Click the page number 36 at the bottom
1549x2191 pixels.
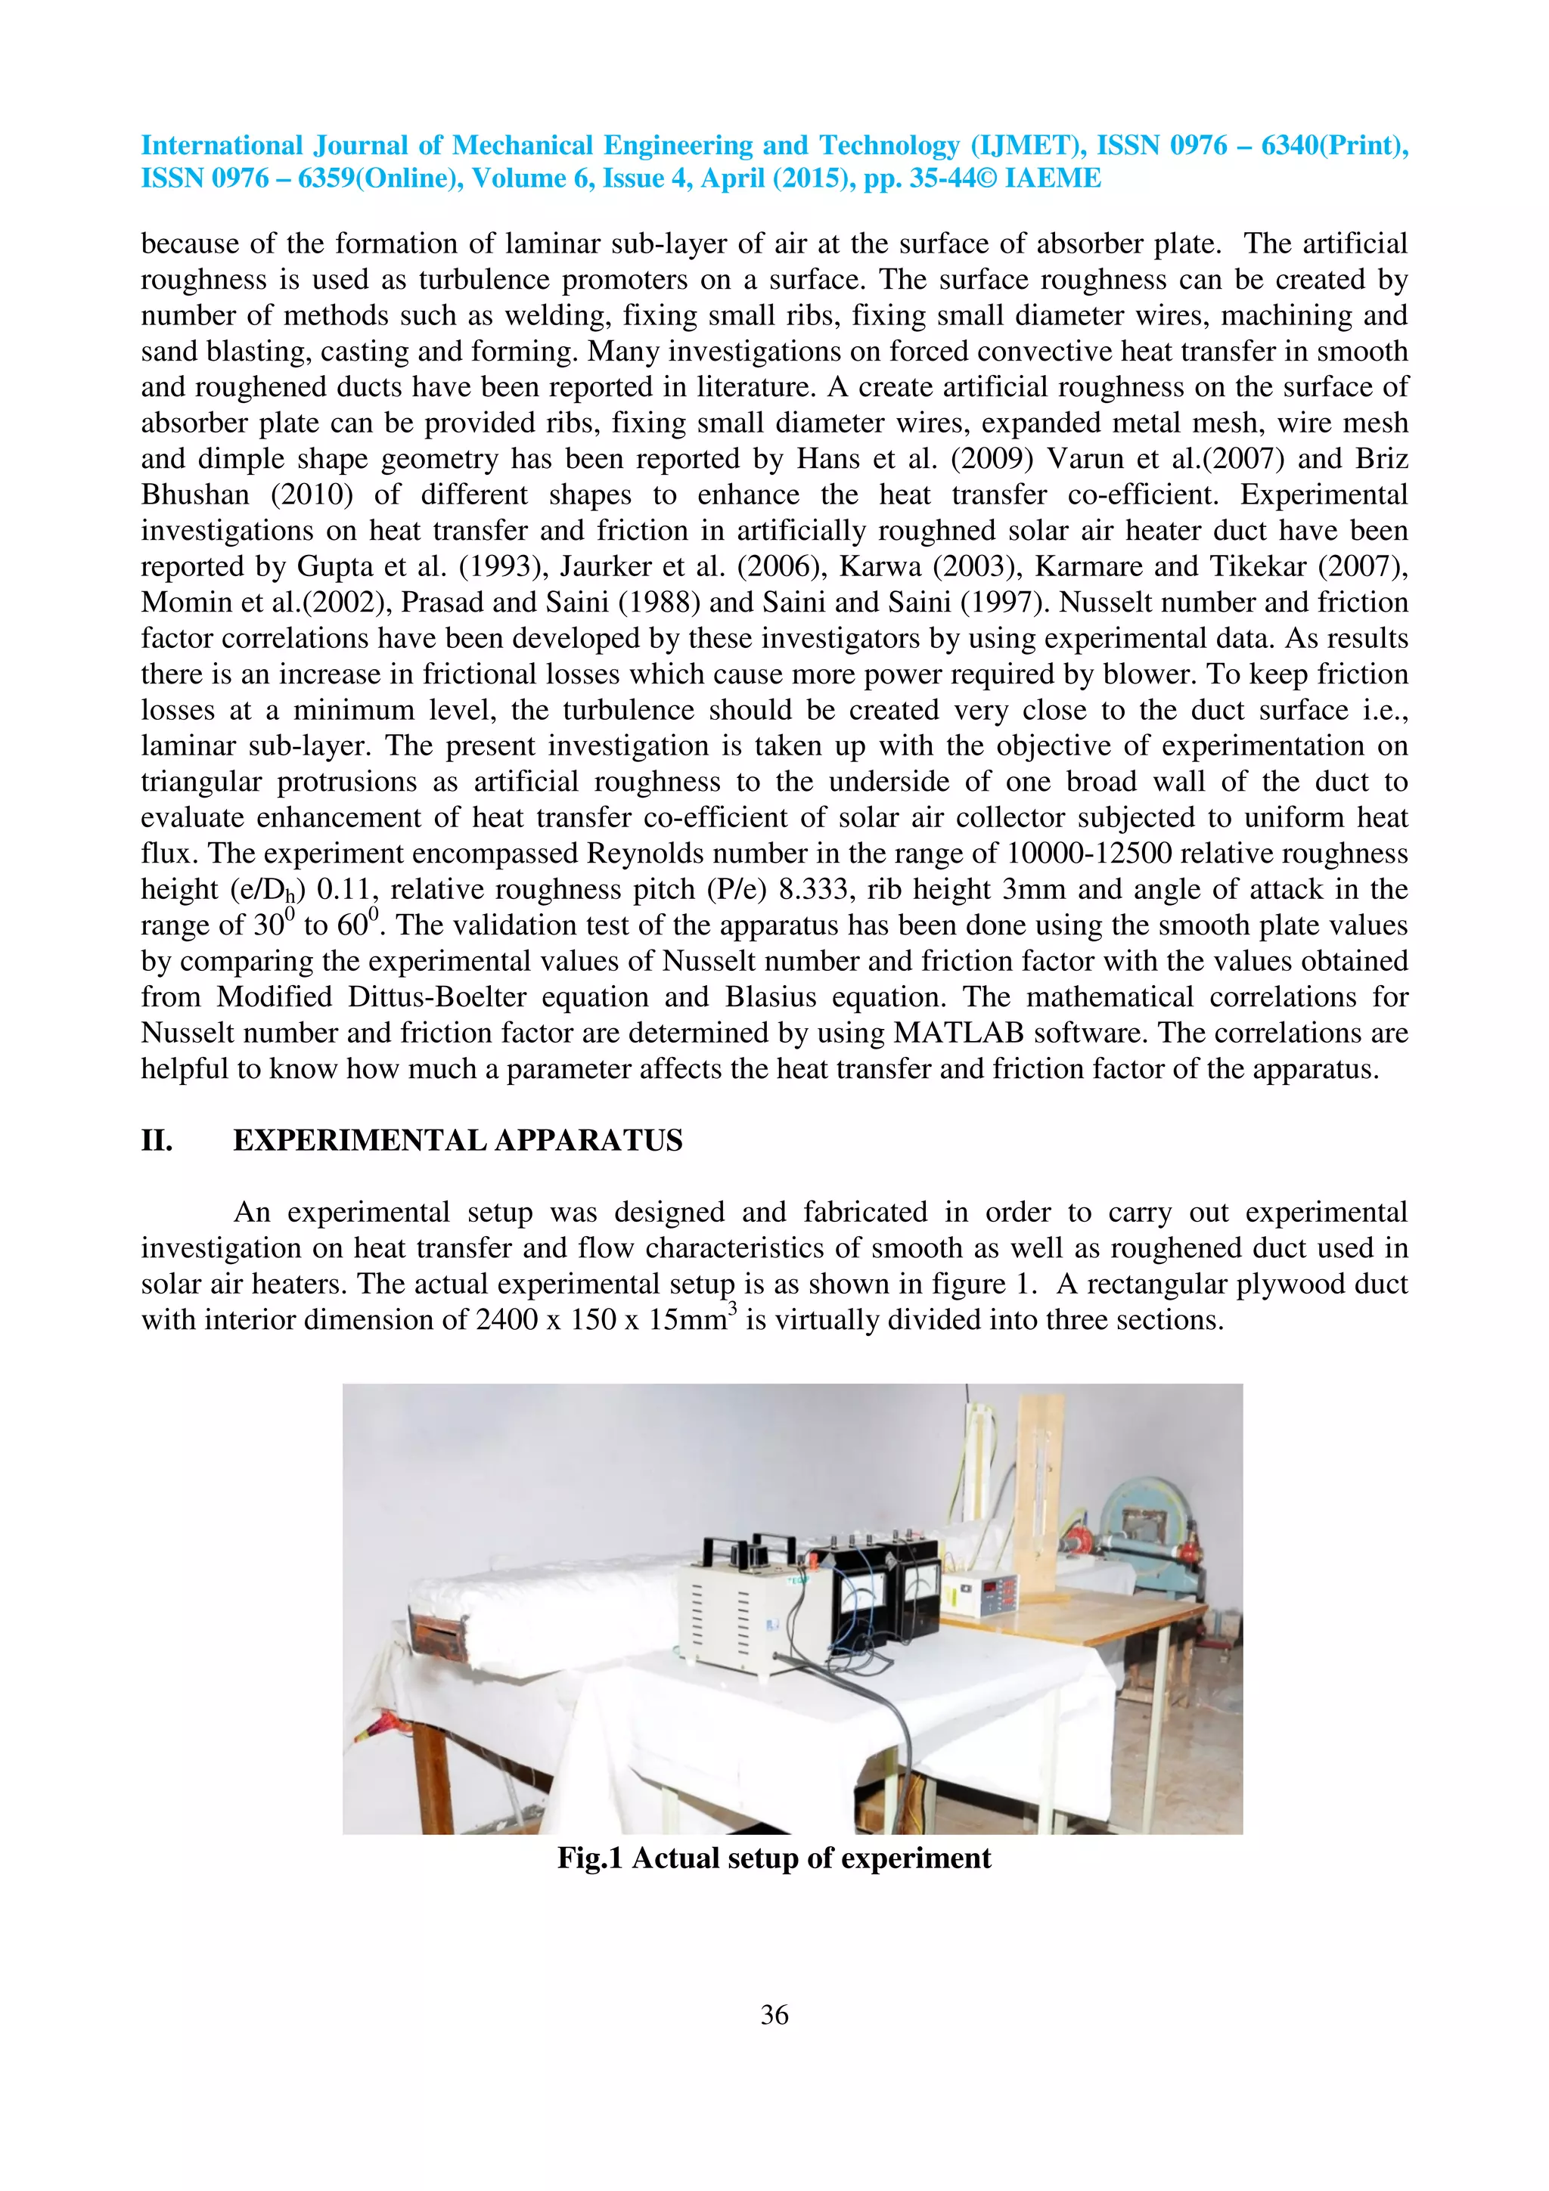click(774, 2014)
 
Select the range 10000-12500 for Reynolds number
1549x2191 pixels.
click(1089, 853)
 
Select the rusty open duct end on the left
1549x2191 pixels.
click(437, 1632)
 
